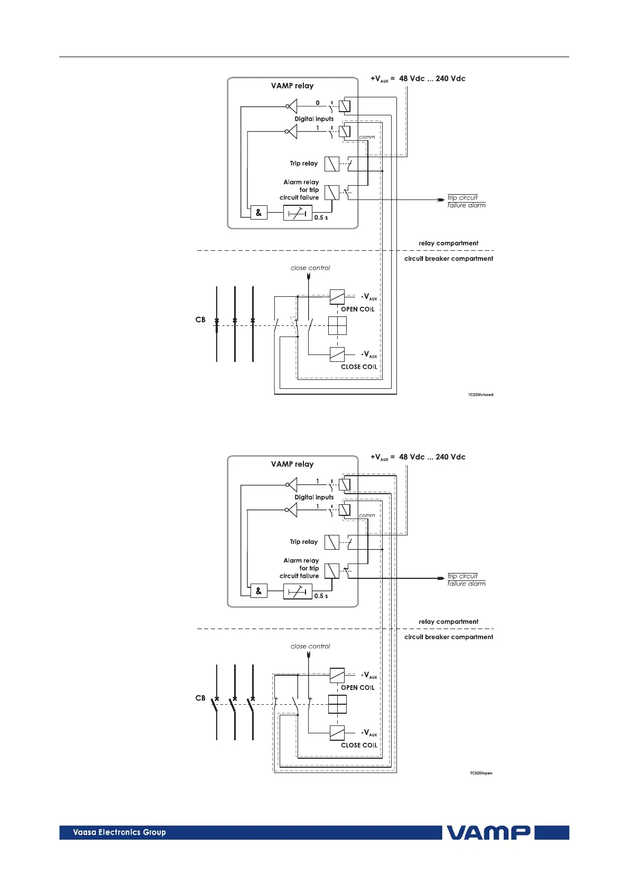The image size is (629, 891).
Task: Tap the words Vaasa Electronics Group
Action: pyautogui.click(x=119, y=832)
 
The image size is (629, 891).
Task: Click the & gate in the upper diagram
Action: pyautogui.click(x=258, y=213)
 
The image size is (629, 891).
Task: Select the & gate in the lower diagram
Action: pyautogui.click(x=258, y=591)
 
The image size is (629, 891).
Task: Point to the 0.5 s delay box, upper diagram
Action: pyautogui.click(x=298, y=213)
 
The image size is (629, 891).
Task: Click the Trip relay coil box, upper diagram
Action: pyautogui.click(x=331, y=164)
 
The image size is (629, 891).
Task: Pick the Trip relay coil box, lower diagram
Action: pyautogui.click(x=331, y=542)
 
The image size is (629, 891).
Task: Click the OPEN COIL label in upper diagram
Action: pyautogui.click(x=357, y=310)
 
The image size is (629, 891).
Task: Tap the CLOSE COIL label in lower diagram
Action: pyautogui.click(x=359, y=745)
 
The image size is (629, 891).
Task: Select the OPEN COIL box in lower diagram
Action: pyautogui.click(x=337, y=675)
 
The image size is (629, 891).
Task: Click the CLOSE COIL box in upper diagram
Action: pyautogui.click(x=337, y=354)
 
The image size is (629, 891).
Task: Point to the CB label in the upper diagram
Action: pyautogui.click(x=200, y=320)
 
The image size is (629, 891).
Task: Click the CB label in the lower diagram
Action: pyautogui.click(x=200, y=698)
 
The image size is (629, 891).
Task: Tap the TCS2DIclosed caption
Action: pyautogui.click(x=480, y=395)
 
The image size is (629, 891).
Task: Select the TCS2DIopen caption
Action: pyautogui.click(x=480, y=773)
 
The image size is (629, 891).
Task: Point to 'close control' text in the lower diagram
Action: pyautogui.click(x=310, y=646)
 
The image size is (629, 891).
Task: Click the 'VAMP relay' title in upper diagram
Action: pyautogui.click(x=292, y=86)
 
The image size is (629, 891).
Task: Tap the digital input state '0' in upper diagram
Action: pyautogui.click(x=318, y=103)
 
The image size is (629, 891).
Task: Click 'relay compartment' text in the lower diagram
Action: pyautogui.click(x=448, y=622)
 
